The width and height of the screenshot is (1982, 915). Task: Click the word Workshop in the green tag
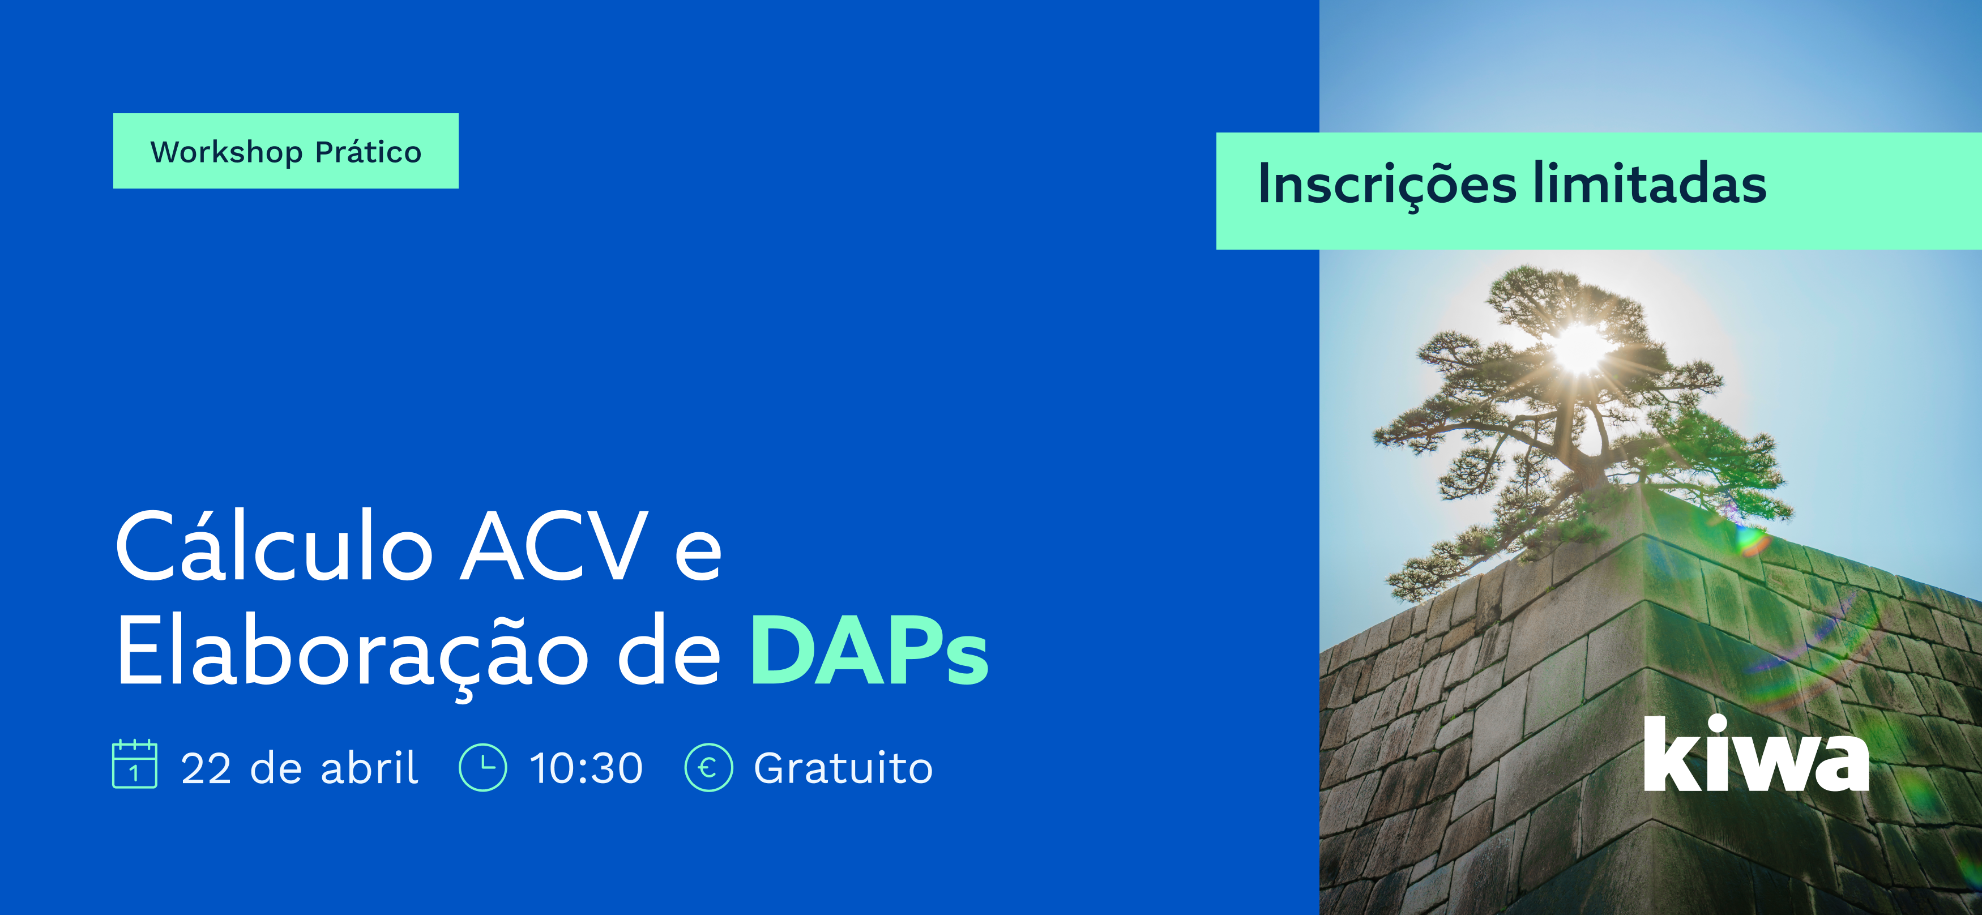coord(226,152)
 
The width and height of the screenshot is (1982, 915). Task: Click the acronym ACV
coord(553,546)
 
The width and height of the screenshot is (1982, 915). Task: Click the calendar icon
coord(135,764)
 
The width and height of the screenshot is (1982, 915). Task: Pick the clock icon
coord(482,767)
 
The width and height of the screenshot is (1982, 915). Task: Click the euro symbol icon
coord(708,767)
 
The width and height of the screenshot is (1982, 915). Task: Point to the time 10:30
coord(586,768)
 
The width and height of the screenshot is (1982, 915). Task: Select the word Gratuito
coord(843,768)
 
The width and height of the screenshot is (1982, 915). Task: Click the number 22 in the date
coord(206,768)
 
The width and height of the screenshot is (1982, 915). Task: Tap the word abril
coord(369,767)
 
